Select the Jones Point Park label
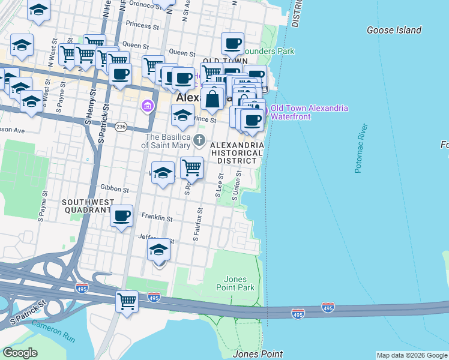pyautogui.click(x=240, y=283)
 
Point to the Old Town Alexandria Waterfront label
pyautogui.click(x=309, y=112)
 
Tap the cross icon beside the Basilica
pyautogui.click(x=200, y=142)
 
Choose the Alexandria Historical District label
pyautogui.click(x=238, y=153)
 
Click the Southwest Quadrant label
pyautogui.click(x=88, y=207)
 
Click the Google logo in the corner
pyautogui.click(x=20, y=353)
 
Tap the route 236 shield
pyautogui.click(x=121, y=127)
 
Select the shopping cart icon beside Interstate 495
pyautogui.click(x=127, y=300)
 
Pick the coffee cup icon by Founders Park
pyautogui.click(x=232, y=43)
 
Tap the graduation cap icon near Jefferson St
pyautogui.click(x=159, y=250)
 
